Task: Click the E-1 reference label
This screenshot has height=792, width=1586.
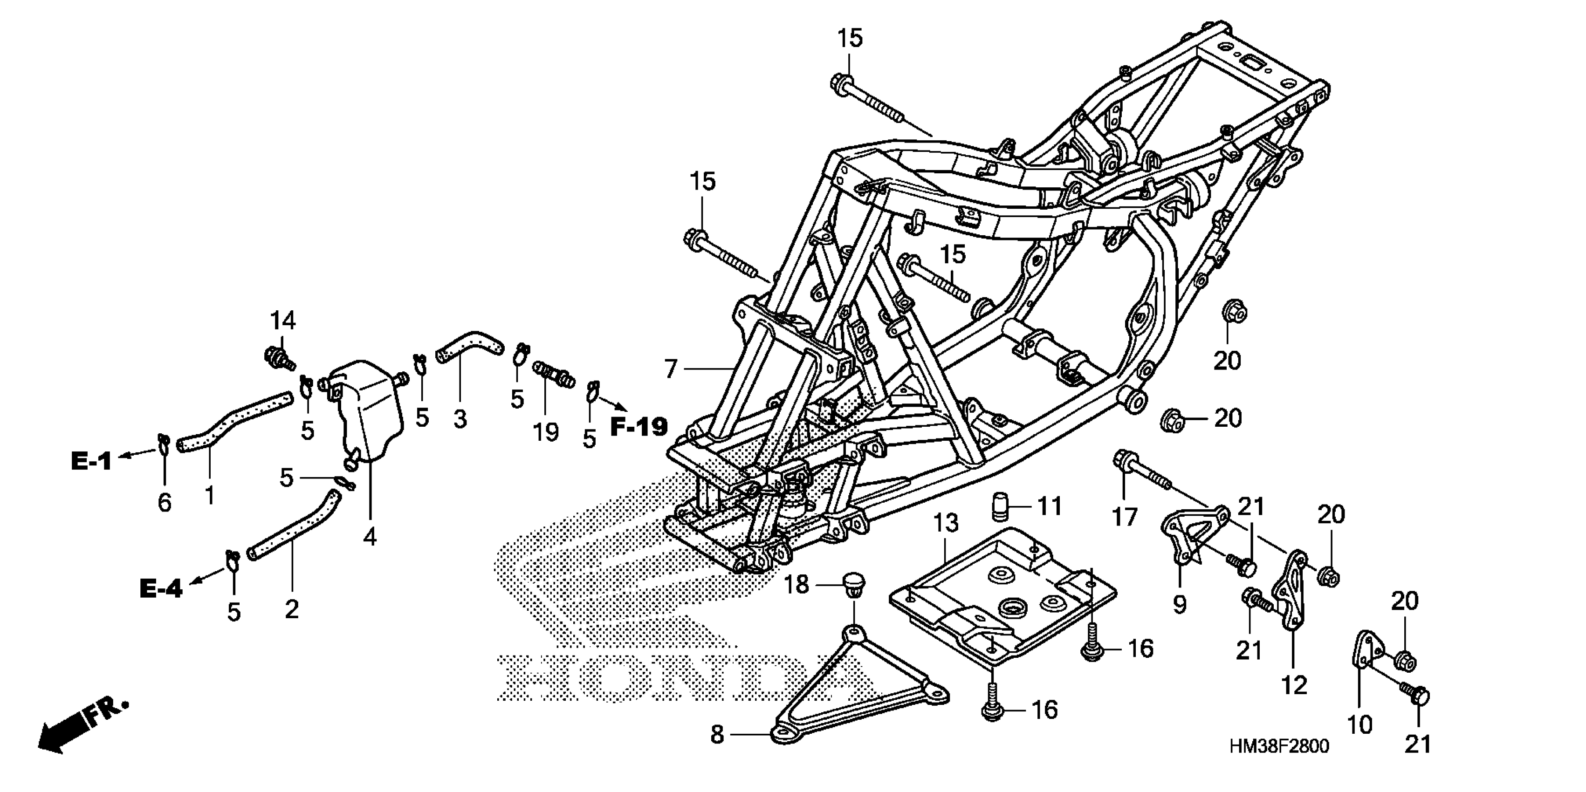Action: pos(91,460)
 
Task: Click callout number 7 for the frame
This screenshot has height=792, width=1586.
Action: pos(671,369)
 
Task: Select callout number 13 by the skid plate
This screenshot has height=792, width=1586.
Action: pos(946,523)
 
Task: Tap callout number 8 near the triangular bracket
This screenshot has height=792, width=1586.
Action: pos(717,734)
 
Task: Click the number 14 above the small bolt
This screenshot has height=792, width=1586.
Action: pos(283,321)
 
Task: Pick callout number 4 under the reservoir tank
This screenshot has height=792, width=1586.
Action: pos(370,537)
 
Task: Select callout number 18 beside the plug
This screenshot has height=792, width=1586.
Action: pos(796,585)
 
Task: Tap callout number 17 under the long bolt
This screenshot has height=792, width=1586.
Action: pos(1124,518)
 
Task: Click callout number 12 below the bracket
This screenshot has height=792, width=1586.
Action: pos(1294,685)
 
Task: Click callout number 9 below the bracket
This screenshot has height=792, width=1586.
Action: pos(1179,605)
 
